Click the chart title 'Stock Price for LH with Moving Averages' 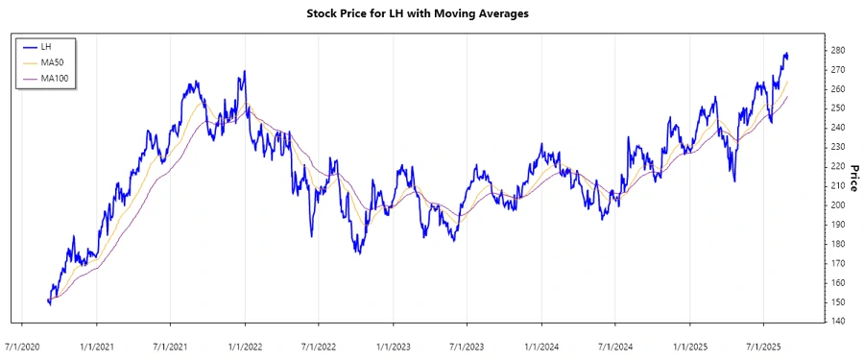431,14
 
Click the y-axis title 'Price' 853,177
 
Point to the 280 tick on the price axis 837,50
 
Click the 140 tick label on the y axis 837,321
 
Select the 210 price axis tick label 837,185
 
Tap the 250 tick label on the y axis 837,108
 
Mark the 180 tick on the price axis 837,244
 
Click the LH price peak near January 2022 245,71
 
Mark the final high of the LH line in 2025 786,54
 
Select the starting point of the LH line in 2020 48,300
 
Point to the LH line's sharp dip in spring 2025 734,180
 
